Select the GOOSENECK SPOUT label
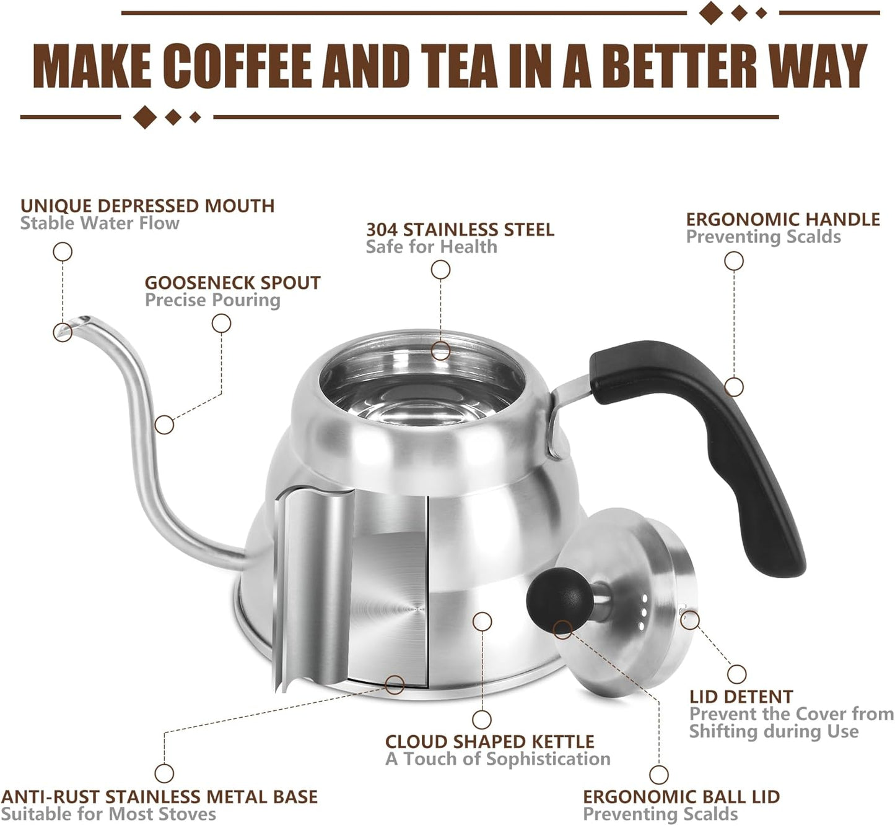click(x=232, y=283)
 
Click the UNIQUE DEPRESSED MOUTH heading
click(x=147, y=206)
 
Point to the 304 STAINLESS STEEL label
click(x=460, y=230)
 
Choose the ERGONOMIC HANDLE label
click(x=783, y=220)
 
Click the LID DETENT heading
click(x=741, y=697)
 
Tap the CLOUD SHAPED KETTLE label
click(x=489, y=741)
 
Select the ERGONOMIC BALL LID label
click(x=681, y=797)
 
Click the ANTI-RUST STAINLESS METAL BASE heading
click(x=159, y=797)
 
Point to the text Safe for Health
click(x=431, y=247)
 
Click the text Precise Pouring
click(x=212, y=300)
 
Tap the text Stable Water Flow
click(x=100, y=223)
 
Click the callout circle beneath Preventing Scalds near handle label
click(x=734, y=261)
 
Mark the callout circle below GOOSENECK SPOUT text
click(x=221, y=324)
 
